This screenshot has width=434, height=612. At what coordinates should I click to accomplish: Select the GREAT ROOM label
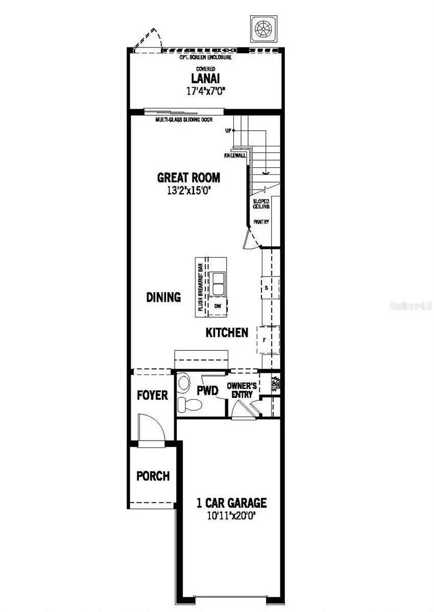coord(188,177)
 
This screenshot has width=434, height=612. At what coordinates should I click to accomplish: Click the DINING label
coord(163,297)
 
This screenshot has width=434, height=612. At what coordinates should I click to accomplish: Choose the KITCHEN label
coord(227,333)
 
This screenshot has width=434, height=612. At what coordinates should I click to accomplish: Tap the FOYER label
coord(152,395)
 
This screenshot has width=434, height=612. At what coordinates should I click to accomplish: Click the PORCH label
coord(153,476)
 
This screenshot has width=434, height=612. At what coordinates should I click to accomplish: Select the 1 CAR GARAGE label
coord(232,503)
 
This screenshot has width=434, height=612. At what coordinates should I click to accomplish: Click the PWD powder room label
coord(208,391)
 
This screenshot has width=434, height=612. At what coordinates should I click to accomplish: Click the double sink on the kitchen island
coord(219,284)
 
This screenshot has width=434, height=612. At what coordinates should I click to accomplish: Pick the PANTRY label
coord(261,222)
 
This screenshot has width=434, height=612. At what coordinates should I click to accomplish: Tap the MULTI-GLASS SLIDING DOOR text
coord(184,120)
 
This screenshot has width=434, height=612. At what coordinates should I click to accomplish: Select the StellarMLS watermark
coord(411,306)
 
